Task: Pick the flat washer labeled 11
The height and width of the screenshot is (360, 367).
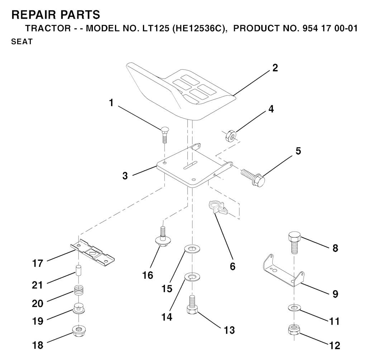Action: [x=294, y=308]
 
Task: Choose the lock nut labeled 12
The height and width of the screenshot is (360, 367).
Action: [x=294, y=329]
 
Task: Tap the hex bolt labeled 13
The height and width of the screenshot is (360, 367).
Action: [x=192, y=305]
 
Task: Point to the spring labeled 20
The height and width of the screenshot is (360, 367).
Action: [x=78, y=289]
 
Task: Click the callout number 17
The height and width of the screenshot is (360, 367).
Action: [x=37, y=264]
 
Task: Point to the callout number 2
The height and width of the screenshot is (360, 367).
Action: [x=275, y=68]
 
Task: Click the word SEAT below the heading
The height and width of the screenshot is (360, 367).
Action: [x=22, y=42]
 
